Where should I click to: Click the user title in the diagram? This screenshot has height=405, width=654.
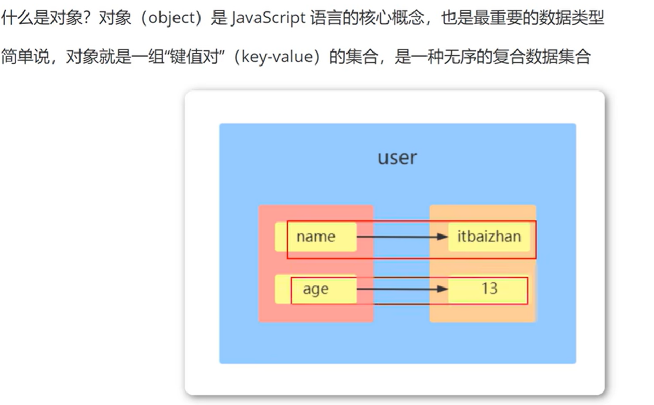[x=397, y=158]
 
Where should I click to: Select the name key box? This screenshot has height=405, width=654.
[x=316, y=237]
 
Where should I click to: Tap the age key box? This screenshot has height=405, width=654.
[x=316, y=289]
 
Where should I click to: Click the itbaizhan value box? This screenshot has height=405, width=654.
[x=489, y=237]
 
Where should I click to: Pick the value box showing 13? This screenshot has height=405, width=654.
[x=489, y=289]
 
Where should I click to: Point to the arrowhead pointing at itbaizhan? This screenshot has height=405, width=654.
[x=442, y=237]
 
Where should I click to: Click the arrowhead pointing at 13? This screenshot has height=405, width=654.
[x=442, y=289]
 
